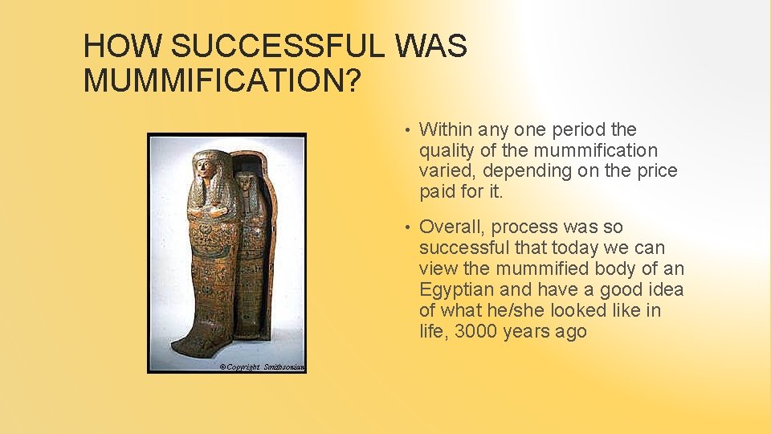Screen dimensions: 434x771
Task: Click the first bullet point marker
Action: tap(408, 130)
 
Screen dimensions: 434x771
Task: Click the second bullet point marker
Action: tap(408, 228)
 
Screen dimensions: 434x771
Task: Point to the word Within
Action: tap(445, 129)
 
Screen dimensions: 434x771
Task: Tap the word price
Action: tap(656, 171)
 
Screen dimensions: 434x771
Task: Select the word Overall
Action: tap(451, 227)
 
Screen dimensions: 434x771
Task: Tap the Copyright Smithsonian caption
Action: tap(262, 366)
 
